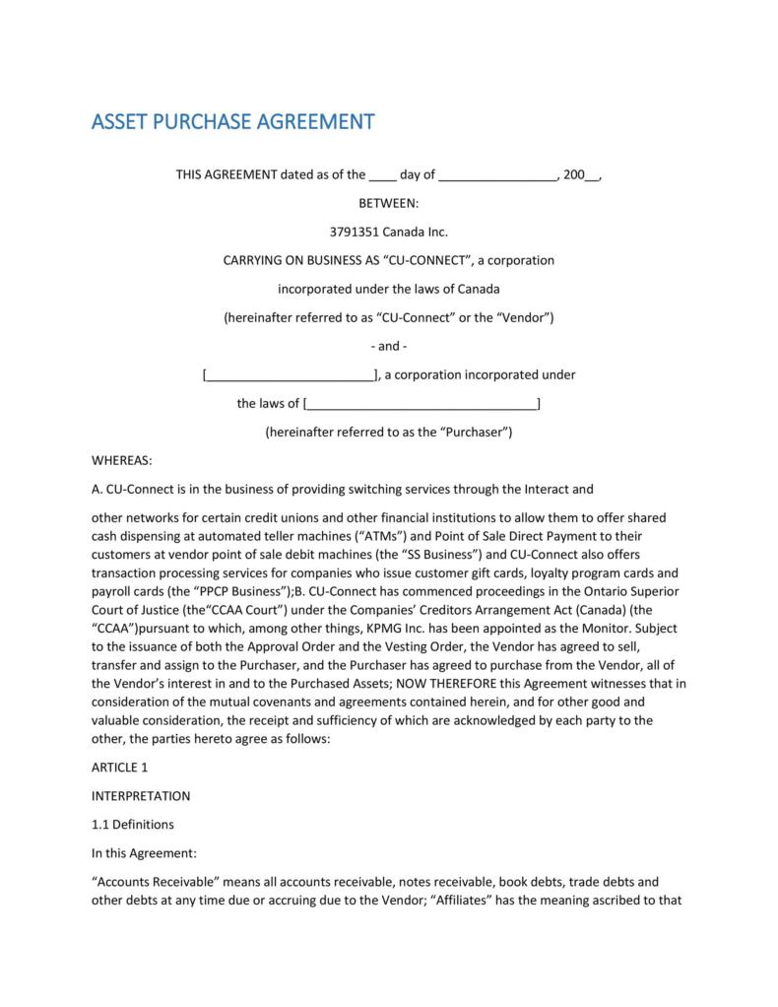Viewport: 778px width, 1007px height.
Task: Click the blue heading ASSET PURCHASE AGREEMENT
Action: [x=232, y=122]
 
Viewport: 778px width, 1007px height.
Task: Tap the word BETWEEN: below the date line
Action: [x=388, y=203]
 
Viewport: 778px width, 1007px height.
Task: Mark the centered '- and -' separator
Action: [x=388, y=346]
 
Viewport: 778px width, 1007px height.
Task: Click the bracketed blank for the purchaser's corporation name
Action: [x=289, y=375]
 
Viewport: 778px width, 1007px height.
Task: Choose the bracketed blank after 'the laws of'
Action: [x=422, y=404]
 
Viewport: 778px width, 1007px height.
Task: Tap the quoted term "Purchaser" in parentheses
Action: [x=472, y=432]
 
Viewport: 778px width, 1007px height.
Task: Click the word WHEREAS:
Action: [x=122, y=460]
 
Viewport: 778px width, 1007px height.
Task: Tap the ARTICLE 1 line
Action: [x=119, y=767]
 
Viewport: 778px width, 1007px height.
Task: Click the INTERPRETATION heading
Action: [x=141, y=795]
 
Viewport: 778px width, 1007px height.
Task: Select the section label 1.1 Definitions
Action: [x=133, y=824]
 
